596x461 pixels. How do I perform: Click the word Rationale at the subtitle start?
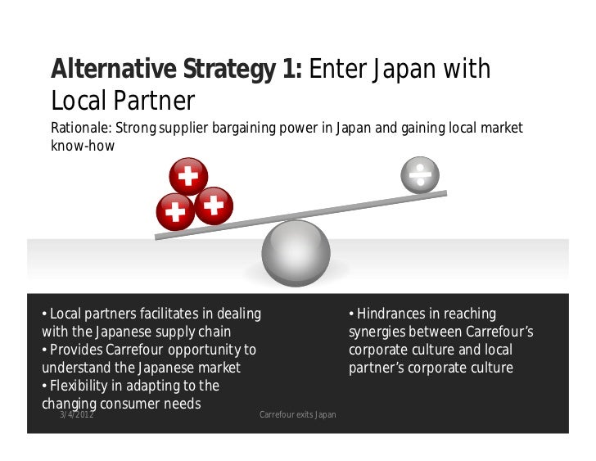(x=80, y=129)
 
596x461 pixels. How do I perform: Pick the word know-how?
(x=83, y=147)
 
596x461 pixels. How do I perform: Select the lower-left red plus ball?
(x=175, y=212)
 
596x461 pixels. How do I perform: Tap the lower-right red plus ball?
(x=214, y=206)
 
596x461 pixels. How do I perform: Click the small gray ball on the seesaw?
(x=420, y=174)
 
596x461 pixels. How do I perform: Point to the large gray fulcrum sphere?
(x=296, y=253)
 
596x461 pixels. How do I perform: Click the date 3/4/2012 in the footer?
(x=76, y=415)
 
